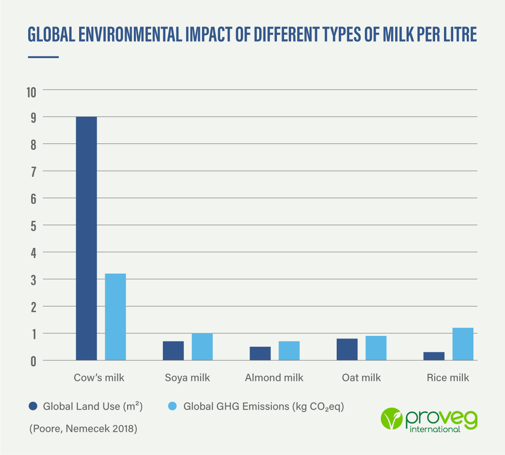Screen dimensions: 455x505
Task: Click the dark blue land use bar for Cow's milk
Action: point(86,238)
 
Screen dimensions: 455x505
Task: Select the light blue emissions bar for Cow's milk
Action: point(115,317)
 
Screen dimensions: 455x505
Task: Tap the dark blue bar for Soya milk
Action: point(173,351)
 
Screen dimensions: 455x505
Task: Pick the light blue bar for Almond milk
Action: point(289,351)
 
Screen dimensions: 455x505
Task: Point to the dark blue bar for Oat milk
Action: point(347,349)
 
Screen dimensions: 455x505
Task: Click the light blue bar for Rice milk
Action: point(463,344)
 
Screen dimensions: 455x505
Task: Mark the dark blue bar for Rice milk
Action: point(434,356)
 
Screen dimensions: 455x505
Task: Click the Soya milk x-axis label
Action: point(187,378)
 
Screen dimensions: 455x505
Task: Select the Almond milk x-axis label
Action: point(274,378)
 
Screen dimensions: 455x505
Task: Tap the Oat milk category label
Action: point(361,378)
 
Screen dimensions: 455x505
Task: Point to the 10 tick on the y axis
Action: point(32,92)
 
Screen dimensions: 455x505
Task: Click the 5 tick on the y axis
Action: point(33,226)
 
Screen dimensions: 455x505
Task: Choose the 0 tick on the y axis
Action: point(33,361)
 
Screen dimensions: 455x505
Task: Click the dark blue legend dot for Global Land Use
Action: point(33,406)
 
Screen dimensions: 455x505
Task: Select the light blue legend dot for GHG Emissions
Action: point(173,406)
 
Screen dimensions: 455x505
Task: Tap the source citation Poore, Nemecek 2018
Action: point(83,429)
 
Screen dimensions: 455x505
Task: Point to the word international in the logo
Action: point(435,429)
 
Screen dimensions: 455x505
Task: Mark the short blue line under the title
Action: point(43,57)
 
